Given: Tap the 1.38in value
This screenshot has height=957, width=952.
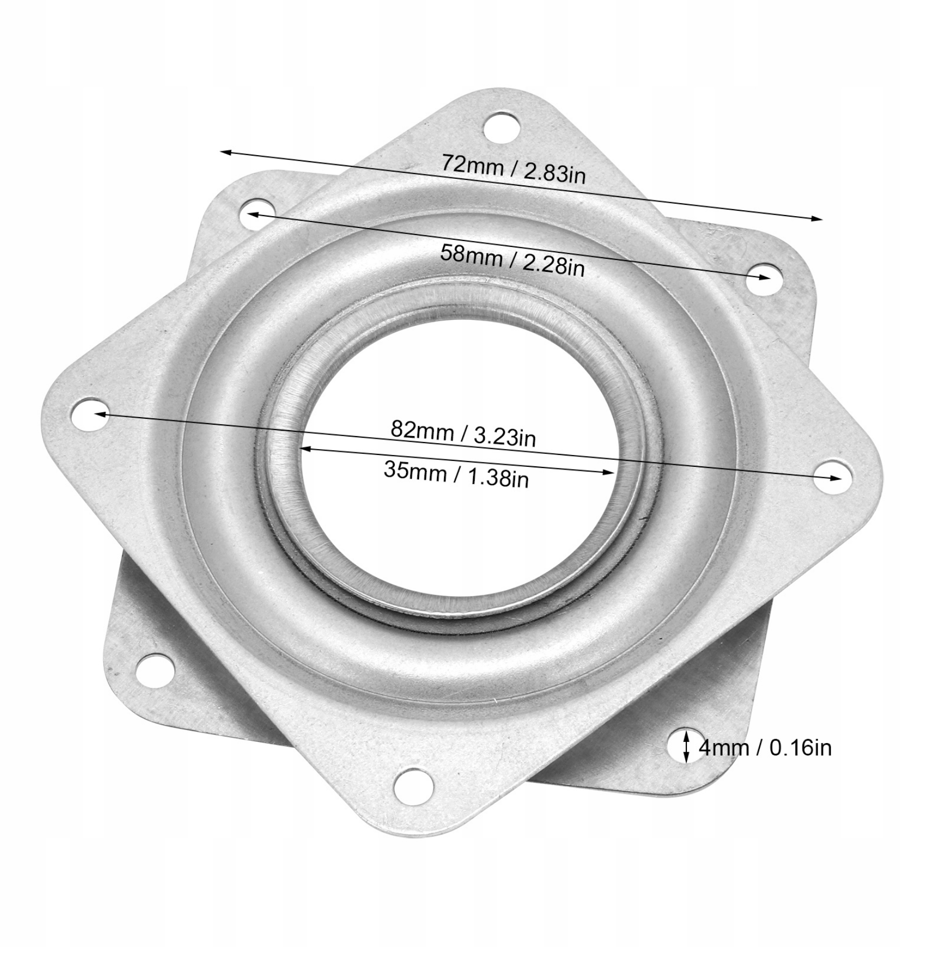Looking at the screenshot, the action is pos(496,478).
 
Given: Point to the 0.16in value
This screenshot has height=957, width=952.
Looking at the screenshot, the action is pos(800,748).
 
